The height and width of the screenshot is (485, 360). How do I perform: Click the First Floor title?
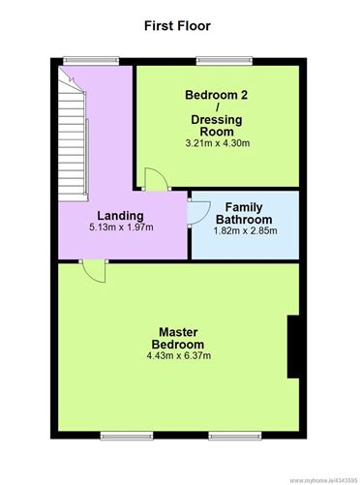tap(177, 26)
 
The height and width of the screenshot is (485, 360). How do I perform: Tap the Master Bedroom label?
tap(178, 338)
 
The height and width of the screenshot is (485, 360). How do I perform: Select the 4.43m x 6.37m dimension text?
tap(179, 356)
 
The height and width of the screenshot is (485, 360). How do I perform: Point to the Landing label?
tap(121, 216)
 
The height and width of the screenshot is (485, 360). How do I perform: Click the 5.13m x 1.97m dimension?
tap(121, 227)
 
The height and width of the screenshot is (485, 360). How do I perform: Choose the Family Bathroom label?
tap(244, 213)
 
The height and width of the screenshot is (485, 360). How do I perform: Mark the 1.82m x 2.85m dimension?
tap(245, 231)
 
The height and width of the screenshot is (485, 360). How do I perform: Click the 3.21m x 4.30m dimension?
tap(218, 143)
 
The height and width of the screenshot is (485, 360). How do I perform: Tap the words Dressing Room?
tap(217, 126)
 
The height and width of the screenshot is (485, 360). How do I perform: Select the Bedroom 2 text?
tap(217, 95)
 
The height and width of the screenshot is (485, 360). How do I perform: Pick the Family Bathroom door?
tap(199, 213)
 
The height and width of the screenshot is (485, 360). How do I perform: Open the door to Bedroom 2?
tap(156, 179)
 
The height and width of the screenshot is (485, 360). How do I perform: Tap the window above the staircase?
tap(91, 61)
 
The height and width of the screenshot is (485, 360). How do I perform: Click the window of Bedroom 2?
tap(225, 61)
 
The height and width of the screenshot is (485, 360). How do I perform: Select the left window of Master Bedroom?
tap(127, 436)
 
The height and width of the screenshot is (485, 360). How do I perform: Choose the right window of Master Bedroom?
tap(235, 436)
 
